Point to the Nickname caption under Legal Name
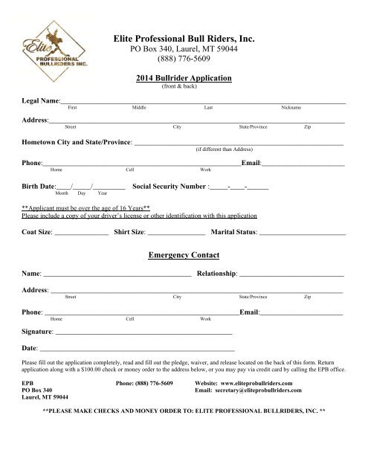[x=291, y=108]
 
